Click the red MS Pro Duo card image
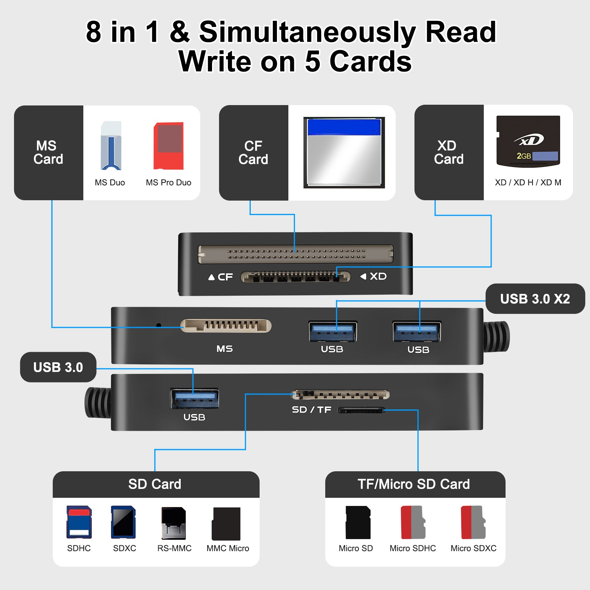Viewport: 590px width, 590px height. click(x=169, y=146)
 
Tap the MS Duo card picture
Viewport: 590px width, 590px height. click(x=111, y=146)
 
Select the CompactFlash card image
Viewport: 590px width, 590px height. click(x=344, y=152)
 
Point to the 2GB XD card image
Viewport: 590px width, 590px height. click(x=528, y=141)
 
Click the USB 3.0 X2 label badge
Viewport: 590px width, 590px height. click(x=535, y=299)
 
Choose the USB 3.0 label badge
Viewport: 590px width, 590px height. click(x=58, y=367)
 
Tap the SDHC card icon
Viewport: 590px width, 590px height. click(x=79, y=522)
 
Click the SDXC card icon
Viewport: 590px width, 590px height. click(x=124, y=522)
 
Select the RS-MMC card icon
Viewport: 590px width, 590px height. click(x=174, y=523)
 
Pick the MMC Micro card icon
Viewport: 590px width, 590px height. click(x=226, y=524)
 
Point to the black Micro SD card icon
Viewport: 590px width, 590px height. click(x=358, y=522)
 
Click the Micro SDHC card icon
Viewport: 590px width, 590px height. click(x=413, y=522)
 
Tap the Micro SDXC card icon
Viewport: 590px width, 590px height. click(x=473, y=522)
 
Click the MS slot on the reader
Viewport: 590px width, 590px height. click(x=226, y=326)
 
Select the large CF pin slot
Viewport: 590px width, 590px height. click(x=295, y=254)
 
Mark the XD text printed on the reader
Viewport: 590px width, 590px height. click(x=378, y=276)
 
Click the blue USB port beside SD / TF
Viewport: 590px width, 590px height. click(x=194, y=399)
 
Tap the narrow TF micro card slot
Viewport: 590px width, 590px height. click(x=361, y=410)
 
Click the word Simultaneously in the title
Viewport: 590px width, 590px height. click(x=308, y=32)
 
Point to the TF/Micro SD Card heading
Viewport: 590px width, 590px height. click(x=414, y=484)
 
